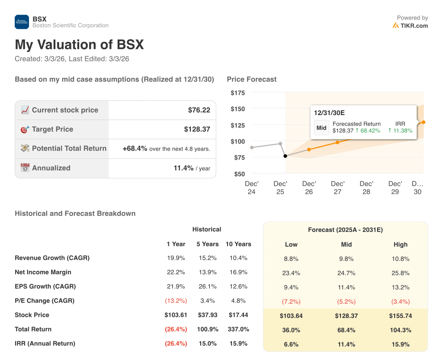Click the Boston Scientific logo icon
[22, 22]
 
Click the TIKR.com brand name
[414, 26]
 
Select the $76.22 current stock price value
[199, 110]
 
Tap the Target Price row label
[52, 129]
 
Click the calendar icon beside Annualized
[25, 168]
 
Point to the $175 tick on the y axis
[238, 93]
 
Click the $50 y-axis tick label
[239, 174]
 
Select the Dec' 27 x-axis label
[337, 188]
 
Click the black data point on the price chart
[285, 156]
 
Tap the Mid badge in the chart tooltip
[321, 128]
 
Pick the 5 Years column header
[207, 244]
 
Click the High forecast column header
[401, 244]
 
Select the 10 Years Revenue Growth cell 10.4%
[238, 258]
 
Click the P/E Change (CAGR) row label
[45, 301]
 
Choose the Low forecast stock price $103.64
[291, 316]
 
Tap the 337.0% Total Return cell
[238, 329]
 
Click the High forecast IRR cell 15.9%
[401, 344]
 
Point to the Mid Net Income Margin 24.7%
[346, 273]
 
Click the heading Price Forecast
[251, 79]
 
